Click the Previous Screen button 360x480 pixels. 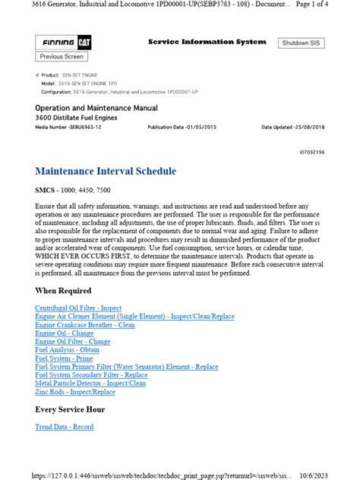tap(62, 57)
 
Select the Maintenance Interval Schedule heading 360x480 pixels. tap(106, 172)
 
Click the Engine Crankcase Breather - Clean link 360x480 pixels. tap(84, 324)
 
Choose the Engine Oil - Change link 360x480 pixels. tap(64, 333)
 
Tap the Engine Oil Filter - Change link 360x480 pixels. tap(73, 342)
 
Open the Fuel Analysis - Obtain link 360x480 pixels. tap(67, 350)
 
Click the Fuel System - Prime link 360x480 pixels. tap(64, 358)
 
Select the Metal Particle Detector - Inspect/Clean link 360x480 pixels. tap(90, 384)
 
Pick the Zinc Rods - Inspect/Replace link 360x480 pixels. tap(75, 392)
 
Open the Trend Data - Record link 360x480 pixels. tap(65, 427)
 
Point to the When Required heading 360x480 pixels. tap(63, 291)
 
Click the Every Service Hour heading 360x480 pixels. tap(69, 410)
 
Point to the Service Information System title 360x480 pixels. tap(207, 42)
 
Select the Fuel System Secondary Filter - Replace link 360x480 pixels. tap(91, 375)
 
